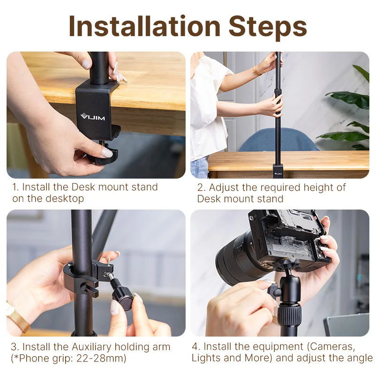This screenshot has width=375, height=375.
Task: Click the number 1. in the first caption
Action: point(16,187)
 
